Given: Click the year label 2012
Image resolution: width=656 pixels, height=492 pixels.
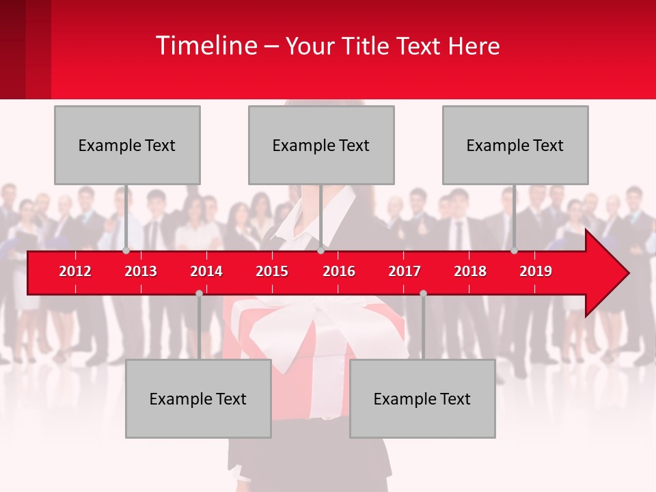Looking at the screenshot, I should point(75,271).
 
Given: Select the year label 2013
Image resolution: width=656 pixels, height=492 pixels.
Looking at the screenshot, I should point(141,271).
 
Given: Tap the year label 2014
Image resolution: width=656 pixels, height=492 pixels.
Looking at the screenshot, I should point(206,271).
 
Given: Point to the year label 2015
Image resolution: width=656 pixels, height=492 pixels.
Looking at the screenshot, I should point(272,271).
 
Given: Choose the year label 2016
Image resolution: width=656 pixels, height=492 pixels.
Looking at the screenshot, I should point(339,271).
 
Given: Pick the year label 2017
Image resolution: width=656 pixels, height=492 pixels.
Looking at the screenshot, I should point(405,271).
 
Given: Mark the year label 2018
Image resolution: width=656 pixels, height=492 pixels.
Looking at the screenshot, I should point(470,271).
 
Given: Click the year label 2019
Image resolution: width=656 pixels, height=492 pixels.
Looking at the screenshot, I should point(536,271).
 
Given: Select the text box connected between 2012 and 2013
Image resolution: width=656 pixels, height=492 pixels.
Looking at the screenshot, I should point(127,145).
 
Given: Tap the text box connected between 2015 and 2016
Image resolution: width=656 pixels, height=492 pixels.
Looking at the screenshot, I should point(321,145).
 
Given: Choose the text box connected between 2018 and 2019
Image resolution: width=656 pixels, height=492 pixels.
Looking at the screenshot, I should point(515,145).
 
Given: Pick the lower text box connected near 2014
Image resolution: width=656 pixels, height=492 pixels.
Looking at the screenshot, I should point(198,398).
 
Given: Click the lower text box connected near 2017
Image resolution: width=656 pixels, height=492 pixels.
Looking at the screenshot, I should point(422,398).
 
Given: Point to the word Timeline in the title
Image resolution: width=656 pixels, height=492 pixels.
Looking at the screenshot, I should point(205,46).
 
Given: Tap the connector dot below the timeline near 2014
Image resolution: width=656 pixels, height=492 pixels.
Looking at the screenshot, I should point(199,293).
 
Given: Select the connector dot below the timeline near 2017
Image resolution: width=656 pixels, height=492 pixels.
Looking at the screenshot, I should point(423,293).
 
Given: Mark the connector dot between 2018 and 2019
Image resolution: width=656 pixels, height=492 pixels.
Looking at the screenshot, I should point(515,251).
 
